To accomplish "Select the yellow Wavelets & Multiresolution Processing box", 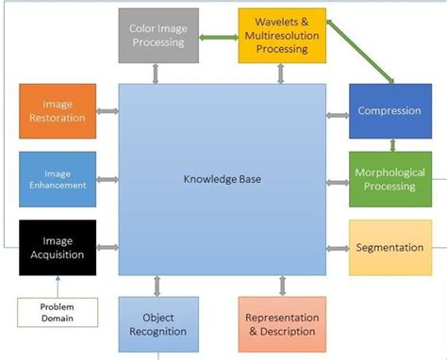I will [x=279, y=34].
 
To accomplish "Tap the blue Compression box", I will [x=389, y=111].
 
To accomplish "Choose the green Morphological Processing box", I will [x=389, y=179].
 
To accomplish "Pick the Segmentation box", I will [x=389, y=248].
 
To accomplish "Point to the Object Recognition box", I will [x=158, y=323].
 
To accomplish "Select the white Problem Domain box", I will [x=58, y=312].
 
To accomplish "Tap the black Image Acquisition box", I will [x=58, y=247].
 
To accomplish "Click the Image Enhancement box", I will [x=58, y=179].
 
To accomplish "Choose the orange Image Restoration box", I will [x=58, y=111].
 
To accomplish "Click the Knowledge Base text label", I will [x=222, y=178].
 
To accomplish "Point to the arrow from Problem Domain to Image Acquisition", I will [x=58, y=286].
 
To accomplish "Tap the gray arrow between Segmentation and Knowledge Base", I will [x=338, y=249].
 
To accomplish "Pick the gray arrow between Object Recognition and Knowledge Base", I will [x=158, y=286].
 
